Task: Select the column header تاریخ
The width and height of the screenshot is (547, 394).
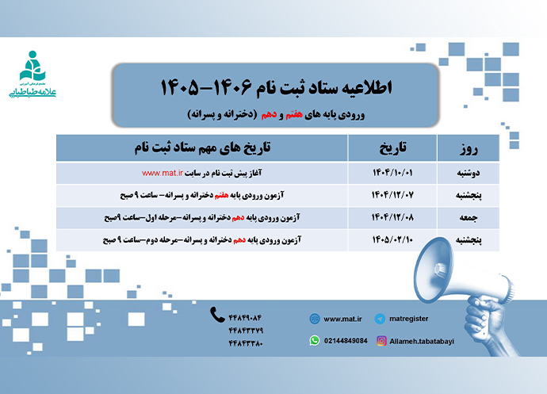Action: pos(393,147)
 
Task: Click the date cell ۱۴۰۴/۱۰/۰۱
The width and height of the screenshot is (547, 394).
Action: pos(393,172)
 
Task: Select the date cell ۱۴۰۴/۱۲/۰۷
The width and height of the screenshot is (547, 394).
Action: pos(393,194)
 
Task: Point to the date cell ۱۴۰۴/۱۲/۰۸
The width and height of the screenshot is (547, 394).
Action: pos(393,216)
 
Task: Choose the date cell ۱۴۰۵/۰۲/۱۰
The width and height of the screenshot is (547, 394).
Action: pos(393,238)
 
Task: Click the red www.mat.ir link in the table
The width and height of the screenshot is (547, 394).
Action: pos(164,172)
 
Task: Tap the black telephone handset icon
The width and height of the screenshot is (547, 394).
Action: pos(217,315)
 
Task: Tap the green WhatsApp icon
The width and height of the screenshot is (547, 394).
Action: pos(315,340)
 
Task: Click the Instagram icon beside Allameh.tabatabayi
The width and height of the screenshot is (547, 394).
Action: pos(382,340)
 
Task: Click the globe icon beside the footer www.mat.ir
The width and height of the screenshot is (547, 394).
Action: pos(315,319)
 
